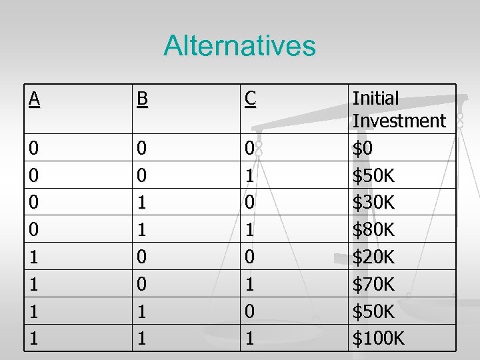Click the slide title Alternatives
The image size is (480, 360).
pos(239,46)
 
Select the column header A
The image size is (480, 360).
pos(34,99)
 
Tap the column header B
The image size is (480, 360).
pos(141,99)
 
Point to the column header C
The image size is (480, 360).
pos(249,99)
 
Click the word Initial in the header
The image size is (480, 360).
pos(375,99)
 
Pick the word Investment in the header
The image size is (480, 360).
pos(399,121)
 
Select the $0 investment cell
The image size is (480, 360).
pos(363,149)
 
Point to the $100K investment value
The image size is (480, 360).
pos(378,339)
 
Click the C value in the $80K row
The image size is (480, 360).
pos(249,230)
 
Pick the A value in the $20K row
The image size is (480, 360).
pos(33,257)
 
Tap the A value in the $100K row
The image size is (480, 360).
pos(33,339)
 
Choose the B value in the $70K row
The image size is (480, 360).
pos(141,285)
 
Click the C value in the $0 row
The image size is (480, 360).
pos(249,149)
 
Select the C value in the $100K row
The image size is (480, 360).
pos(249,339)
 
